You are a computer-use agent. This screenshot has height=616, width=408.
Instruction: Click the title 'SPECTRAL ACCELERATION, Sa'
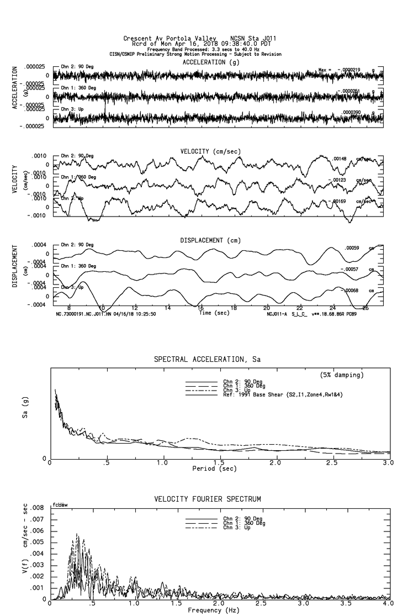(x=207, y=360)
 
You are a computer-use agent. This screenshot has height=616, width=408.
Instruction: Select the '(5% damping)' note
(x=342, y=375)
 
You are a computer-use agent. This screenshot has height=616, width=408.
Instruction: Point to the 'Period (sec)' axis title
(x=214, y=468)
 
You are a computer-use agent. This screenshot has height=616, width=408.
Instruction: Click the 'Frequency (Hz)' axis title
(x=214, y=610)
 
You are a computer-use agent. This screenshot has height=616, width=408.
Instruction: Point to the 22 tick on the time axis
(x=299, y=307)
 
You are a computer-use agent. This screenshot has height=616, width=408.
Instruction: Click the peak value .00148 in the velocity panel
(x=339, y=159)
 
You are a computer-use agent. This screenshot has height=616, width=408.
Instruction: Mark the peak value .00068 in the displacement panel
(x=351, y=291)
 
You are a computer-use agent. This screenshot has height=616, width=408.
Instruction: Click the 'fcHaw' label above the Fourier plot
(x=60, y=504)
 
